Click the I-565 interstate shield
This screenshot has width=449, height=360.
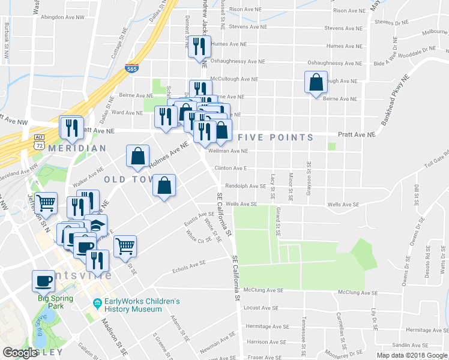point(130,68)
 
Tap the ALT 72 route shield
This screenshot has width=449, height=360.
point(39,142)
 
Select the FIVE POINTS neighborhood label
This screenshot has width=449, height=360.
point(276,137)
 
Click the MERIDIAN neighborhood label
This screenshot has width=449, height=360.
point(77,148)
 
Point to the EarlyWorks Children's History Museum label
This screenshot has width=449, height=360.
point(133,305)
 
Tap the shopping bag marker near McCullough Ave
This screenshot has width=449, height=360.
point(316,82)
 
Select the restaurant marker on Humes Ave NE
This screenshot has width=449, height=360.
point(200,47)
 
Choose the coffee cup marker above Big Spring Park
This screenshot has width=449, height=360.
point(43,281)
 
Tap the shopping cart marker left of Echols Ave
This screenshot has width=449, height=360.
point(124,245)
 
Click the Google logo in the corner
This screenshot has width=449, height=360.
point(20,353)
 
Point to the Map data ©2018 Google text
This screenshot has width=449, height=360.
point(412,355)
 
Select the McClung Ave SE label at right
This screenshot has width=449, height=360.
point(357,292)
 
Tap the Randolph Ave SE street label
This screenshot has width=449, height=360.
point(246,186)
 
